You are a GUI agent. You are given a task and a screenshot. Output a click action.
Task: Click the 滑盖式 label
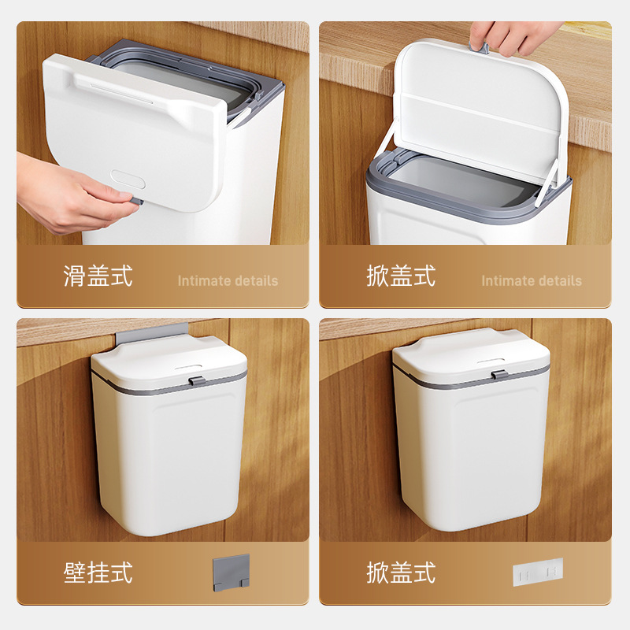pyautogui.click(x=98, y=276)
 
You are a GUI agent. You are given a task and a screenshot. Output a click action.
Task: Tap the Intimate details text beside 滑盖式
pyautogui.click(x=228, y=280)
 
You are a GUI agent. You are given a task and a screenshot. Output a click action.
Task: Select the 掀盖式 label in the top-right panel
pyautogui.click(x=401, y=276)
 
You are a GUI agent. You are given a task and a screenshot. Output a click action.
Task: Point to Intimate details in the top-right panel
pyautogui.click(x=532, y=280)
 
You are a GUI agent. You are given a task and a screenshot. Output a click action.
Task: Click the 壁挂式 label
pyautogui.click(x=98, y=573)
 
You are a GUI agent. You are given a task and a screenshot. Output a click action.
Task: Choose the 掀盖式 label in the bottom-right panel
pyautogui.click(x=401, y=573)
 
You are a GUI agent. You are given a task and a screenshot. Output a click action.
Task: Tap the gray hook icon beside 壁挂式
pyautogui.click(x=231, y=570)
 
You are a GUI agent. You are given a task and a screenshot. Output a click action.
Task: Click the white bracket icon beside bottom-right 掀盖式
pyautogui.click(x=538, y=572)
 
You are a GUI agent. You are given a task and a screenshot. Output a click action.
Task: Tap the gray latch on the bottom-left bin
pyautogui.click(x=197, y=381)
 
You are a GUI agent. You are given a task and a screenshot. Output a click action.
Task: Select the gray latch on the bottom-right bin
pyautogui.click(x=498, y=373)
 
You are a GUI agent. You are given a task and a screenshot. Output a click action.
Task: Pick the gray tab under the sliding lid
pyautogui.click(x=137, y=202)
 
